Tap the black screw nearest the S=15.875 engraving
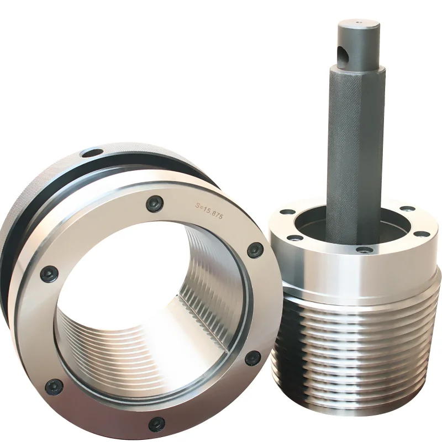pyautogui.click(x=155, y=204)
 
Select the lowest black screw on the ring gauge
pyautogui.click(x=156, y=424)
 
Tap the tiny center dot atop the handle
pyautogui.click(x=358, y=23)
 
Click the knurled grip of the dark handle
pyautogui.click(x=354, y=149)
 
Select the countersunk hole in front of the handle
pyautogui.click(x=362, y=250)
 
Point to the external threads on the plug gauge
pyautogui.click(x=354, y=354)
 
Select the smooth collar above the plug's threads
pyautogui.click(x=354, y=276)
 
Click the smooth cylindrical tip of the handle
pyautogui.click(x=358, y=44)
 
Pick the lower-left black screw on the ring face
pyautogui.click(x=54, y=386)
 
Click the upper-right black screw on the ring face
pyautogui.click(x=255, y=250)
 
